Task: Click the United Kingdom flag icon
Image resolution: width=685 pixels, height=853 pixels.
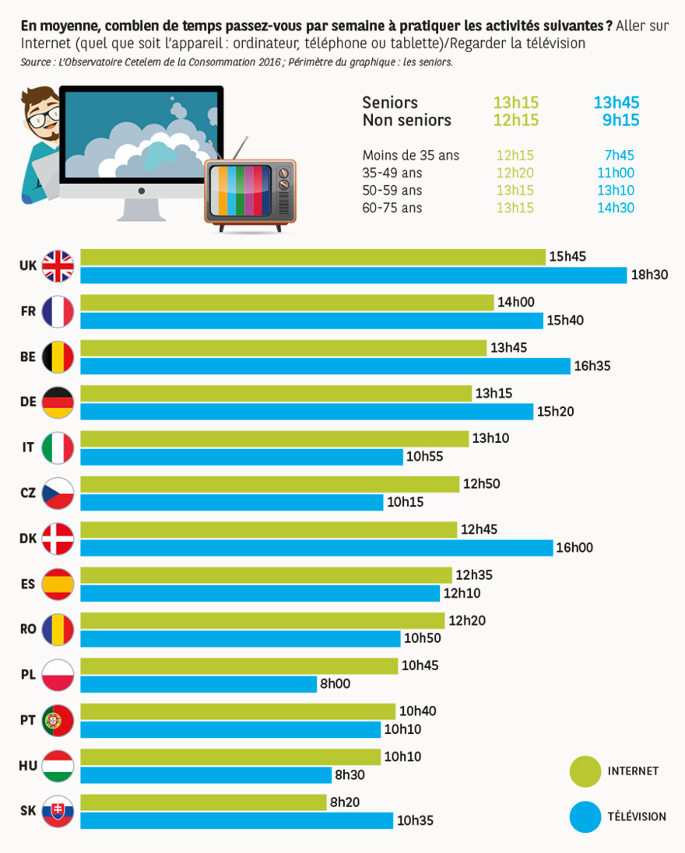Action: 58,266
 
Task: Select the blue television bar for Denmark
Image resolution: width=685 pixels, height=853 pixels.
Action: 316,548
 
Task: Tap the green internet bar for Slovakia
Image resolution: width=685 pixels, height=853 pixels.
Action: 203,802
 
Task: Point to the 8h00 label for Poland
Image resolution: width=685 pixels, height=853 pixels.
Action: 335,684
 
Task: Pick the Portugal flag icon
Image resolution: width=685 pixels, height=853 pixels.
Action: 58,721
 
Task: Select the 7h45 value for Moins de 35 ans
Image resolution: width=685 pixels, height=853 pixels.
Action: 619,156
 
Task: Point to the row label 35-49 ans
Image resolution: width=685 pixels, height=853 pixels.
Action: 392,173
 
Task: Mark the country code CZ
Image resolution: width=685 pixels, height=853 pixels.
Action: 27,493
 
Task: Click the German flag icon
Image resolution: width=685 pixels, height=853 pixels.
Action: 58,402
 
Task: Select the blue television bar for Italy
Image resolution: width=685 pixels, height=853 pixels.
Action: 241,457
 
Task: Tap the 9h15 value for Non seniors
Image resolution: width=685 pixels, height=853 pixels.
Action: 620,121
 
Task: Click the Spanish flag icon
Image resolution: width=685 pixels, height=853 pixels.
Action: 58,584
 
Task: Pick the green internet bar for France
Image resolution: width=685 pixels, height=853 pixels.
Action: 286,303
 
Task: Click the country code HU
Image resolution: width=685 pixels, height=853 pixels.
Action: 27,766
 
